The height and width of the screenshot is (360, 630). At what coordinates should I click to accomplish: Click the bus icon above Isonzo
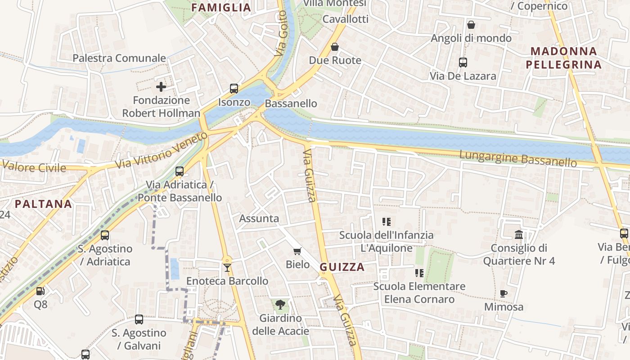234,89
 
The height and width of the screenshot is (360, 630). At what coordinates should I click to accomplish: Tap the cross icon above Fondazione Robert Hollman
161,86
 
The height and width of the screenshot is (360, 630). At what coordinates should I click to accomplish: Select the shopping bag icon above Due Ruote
335,47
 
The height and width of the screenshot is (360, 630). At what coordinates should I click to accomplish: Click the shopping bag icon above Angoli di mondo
471,25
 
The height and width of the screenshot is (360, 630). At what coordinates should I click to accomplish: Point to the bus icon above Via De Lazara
463,63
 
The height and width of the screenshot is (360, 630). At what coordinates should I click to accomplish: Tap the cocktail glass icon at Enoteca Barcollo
227,268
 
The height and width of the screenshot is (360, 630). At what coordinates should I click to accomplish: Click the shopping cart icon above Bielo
297,251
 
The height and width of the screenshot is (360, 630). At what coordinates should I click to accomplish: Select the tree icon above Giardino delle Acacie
280,305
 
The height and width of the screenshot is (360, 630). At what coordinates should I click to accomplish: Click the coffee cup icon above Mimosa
504,294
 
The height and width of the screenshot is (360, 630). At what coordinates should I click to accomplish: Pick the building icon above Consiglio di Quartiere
519,234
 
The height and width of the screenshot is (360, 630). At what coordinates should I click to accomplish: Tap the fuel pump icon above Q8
40,291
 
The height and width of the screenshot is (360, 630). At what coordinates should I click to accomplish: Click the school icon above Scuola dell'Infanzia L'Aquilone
387,221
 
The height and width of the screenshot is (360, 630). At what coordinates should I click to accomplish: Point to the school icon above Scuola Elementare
419,273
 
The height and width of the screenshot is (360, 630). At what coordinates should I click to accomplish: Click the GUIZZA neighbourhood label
342,267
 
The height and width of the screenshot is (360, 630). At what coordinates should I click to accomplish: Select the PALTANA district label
43,204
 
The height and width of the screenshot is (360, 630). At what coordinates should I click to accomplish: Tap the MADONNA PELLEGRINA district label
563,58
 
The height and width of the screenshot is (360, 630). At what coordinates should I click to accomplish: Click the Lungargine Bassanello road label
517,158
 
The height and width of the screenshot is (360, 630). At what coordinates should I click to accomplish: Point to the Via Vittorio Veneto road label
162,150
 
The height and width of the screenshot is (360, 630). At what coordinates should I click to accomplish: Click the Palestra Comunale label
119,58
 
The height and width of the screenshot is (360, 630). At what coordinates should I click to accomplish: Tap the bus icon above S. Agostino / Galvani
139,319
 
